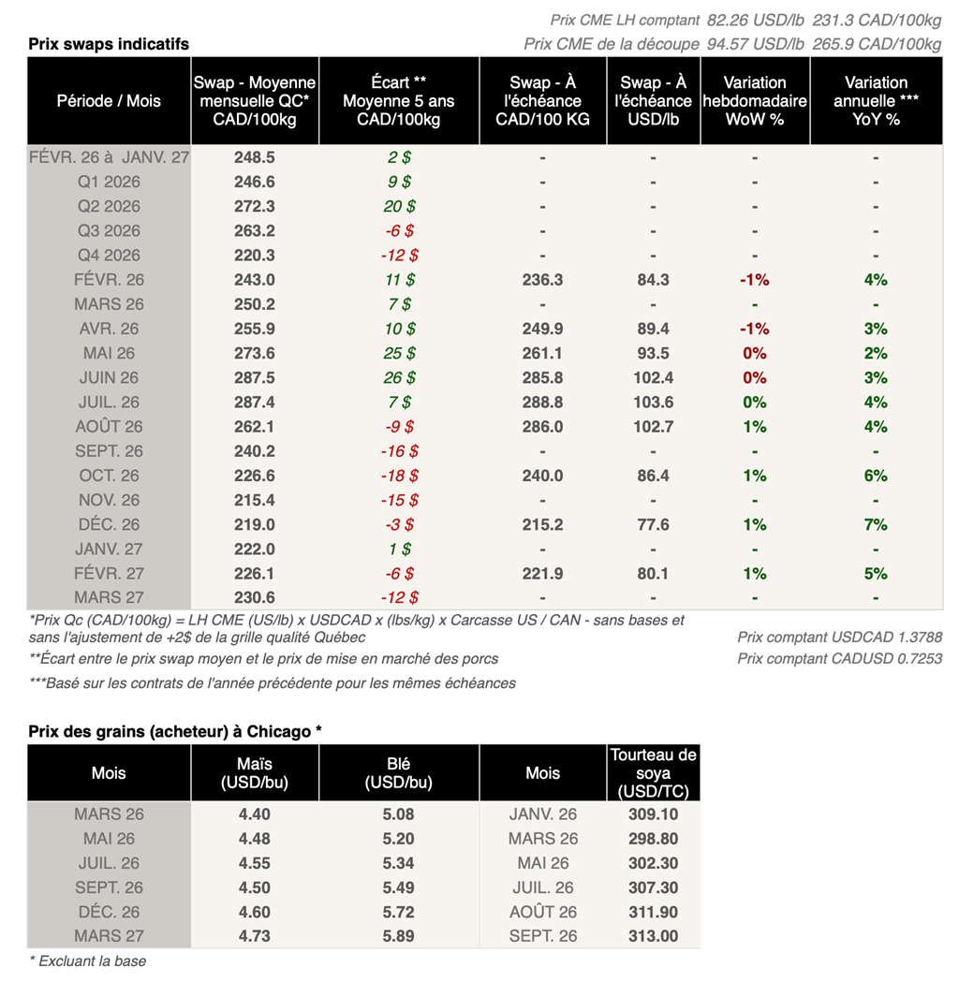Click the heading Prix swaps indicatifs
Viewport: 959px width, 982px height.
[109, 44]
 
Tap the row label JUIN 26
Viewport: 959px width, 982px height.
[110, 377]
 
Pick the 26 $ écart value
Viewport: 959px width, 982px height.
[400, 377]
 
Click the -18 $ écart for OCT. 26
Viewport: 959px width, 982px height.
[399, 476]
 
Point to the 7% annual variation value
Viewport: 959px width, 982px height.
[876, 524]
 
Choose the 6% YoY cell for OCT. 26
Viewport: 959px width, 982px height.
[876, 476]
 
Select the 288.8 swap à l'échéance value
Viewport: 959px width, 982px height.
[542, 402]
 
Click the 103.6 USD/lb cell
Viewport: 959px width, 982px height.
[653, 402]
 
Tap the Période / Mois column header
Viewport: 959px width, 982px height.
[109, 101]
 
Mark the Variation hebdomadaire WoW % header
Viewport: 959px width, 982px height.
[755, 101]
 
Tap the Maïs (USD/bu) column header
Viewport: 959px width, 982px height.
[255, 773]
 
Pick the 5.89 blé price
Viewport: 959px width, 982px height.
[399, 936]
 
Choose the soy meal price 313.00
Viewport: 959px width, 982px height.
[653, 936]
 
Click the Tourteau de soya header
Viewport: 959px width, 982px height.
[653, 773]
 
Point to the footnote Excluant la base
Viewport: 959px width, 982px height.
[87, 960]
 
